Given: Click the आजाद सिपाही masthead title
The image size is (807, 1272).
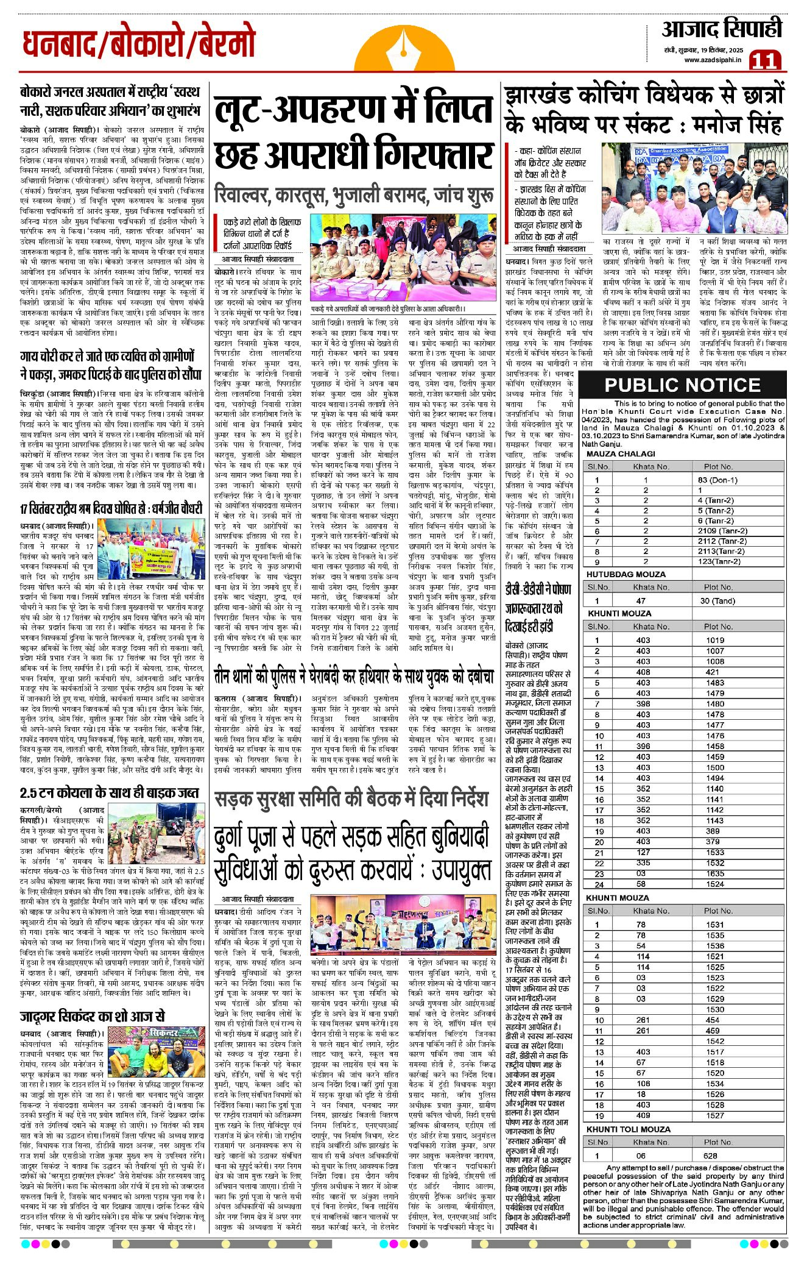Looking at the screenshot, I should pyautogui.click(x=722, y=29).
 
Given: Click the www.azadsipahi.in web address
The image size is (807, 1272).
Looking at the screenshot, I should pyautogui.click(x=712, y=60).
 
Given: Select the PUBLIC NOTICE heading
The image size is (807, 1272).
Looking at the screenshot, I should pyautogui.click(x=682, y=385).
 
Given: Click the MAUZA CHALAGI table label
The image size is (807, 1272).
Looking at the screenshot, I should pyautogui.click(x=621, y=453).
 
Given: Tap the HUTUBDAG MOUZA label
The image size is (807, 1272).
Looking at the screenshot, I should pyautogui.click(x=626, y=574).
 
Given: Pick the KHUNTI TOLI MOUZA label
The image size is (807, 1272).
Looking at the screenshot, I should pyautogui.click(x=628, y=1129).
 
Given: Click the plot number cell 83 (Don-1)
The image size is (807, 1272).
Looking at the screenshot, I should pyautogui.click(x=717, y=480).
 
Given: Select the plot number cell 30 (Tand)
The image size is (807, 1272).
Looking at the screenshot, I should pyautogui.click(x=717, y=600).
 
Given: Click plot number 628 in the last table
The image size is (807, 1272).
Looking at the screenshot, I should pyautogui.click(x=710, y=1156).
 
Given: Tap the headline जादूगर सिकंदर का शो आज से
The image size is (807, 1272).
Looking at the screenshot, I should pyautogui.click(x=92, y=1016).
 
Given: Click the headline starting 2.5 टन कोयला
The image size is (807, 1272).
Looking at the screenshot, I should pyautogui.click(x=109, y=793).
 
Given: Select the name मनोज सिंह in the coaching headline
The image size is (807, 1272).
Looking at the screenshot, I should pyautogui.click(x=738, y=125).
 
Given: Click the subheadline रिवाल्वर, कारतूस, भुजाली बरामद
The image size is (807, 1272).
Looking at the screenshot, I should pyautogui.click(x=353, y=196).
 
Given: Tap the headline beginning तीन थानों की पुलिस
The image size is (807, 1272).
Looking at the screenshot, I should pyautogui.click(x=353, y=677).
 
